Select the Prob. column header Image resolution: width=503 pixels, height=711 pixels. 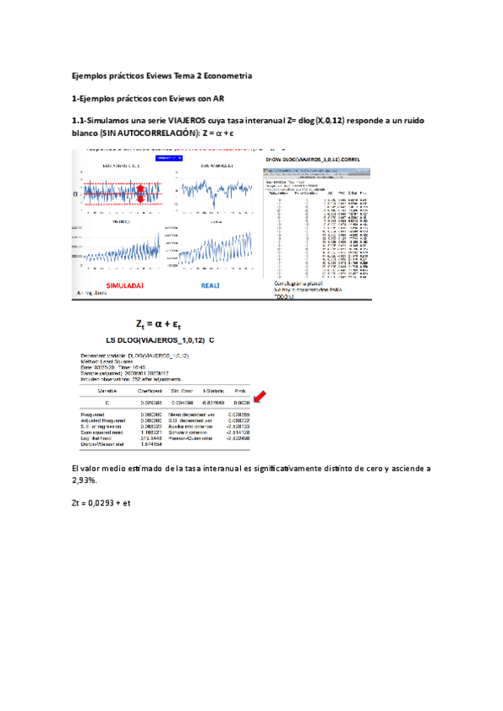click(240, 391)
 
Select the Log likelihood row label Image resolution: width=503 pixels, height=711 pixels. click(95, 438)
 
